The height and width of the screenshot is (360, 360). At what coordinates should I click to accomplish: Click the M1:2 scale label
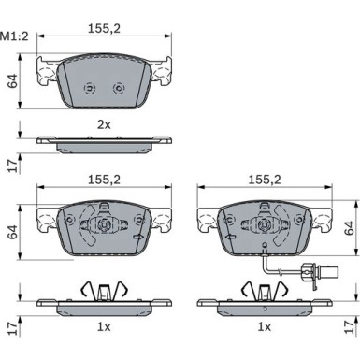coord(15,36)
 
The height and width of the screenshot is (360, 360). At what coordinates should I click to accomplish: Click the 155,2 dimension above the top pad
coord(104,29)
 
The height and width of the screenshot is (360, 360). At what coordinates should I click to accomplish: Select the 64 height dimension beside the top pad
coord(13,81)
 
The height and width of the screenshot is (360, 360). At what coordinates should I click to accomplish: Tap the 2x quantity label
coord(104,125)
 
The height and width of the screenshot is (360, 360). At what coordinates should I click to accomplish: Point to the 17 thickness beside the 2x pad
coord(13,166)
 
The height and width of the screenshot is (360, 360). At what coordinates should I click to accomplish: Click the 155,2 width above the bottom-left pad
coord(104,180)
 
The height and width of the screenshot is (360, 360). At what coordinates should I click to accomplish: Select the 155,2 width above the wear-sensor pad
coord(265,180)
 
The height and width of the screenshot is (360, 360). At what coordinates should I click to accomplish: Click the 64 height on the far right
coord(349,228)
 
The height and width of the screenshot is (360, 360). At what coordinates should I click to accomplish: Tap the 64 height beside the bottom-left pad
coord(13,232)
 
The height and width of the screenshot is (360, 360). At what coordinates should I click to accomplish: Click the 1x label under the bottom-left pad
coord(104,327)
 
